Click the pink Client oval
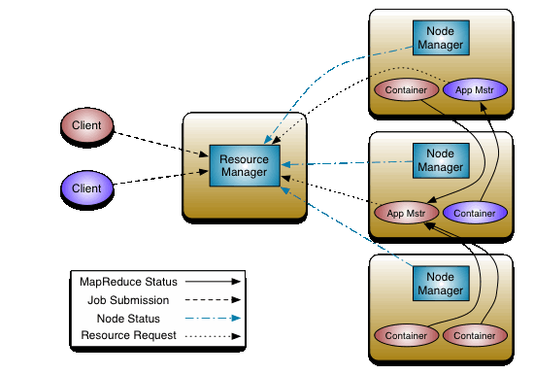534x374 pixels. point(86,126)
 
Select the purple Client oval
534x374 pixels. point(86,187)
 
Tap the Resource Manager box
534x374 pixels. point(245,166)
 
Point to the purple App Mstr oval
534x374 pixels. point(475,90)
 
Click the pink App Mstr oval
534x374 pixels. point(406,213)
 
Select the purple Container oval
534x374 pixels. point(475,213)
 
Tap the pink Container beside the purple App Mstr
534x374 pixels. point(406,90)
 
